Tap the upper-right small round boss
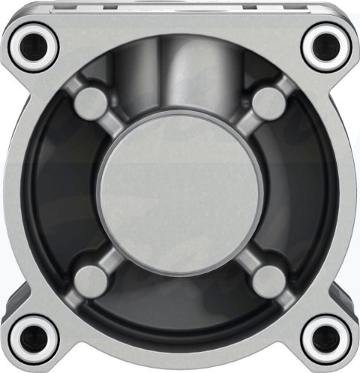pyautogui.click(x=268, y=104)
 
